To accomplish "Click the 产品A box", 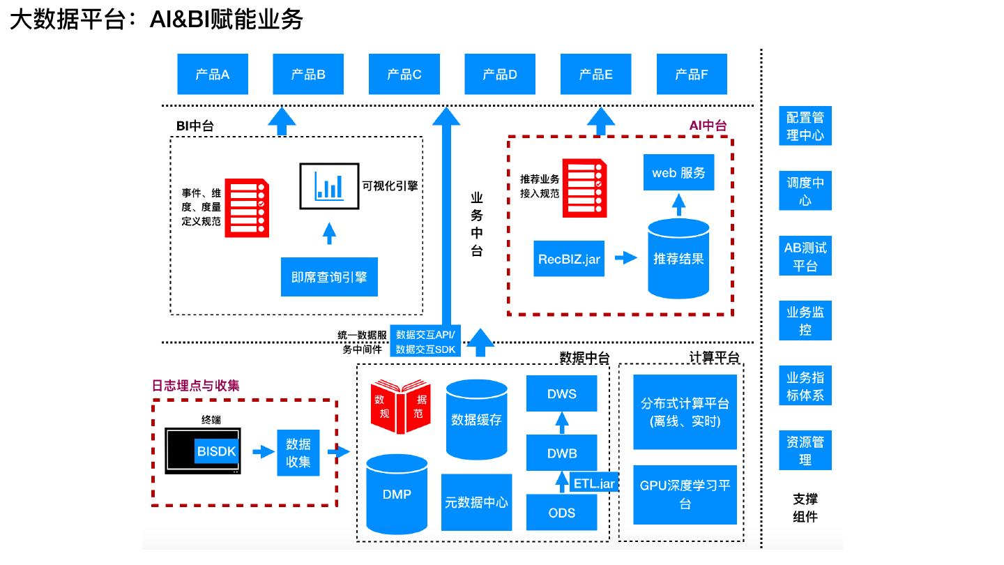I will (212, 74).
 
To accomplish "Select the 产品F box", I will (692, 74).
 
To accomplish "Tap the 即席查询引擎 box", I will (329, 277).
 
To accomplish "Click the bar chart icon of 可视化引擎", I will (329, 186).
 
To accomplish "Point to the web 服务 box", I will (678, 172).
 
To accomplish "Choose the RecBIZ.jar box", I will (569, 259).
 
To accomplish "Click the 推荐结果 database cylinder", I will (678, 259).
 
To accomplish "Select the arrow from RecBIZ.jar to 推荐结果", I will (625, 258).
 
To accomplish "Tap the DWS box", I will (562, 394).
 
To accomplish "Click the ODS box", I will (562, 513).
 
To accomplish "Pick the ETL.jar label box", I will (595, 483).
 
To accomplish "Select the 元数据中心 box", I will (477, 502).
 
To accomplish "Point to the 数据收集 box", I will (298, 453).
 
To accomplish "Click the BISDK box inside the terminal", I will (216, 451).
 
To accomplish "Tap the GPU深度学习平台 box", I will (685, 495).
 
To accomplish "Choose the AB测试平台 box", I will (805, 257).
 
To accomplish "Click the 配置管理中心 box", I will (805, 126).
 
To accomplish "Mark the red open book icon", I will (400, 406).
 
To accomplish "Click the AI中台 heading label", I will (708, 126).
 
